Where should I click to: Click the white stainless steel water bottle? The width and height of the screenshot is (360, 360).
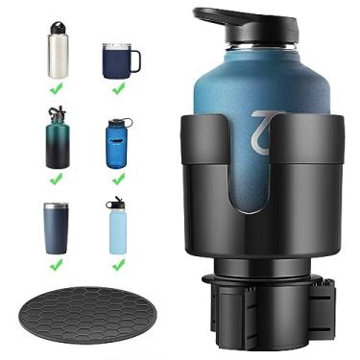tap(59, 53)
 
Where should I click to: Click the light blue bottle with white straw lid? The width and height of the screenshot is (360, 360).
tap(117, 228)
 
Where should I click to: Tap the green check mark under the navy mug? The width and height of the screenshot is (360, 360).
tap(118, 89)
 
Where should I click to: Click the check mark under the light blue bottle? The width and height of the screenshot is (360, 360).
tap(117, 264)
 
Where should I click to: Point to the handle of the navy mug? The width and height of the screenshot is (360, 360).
tap(134, 60)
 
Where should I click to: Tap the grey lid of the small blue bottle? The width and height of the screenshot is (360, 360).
tap(116, 123)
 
